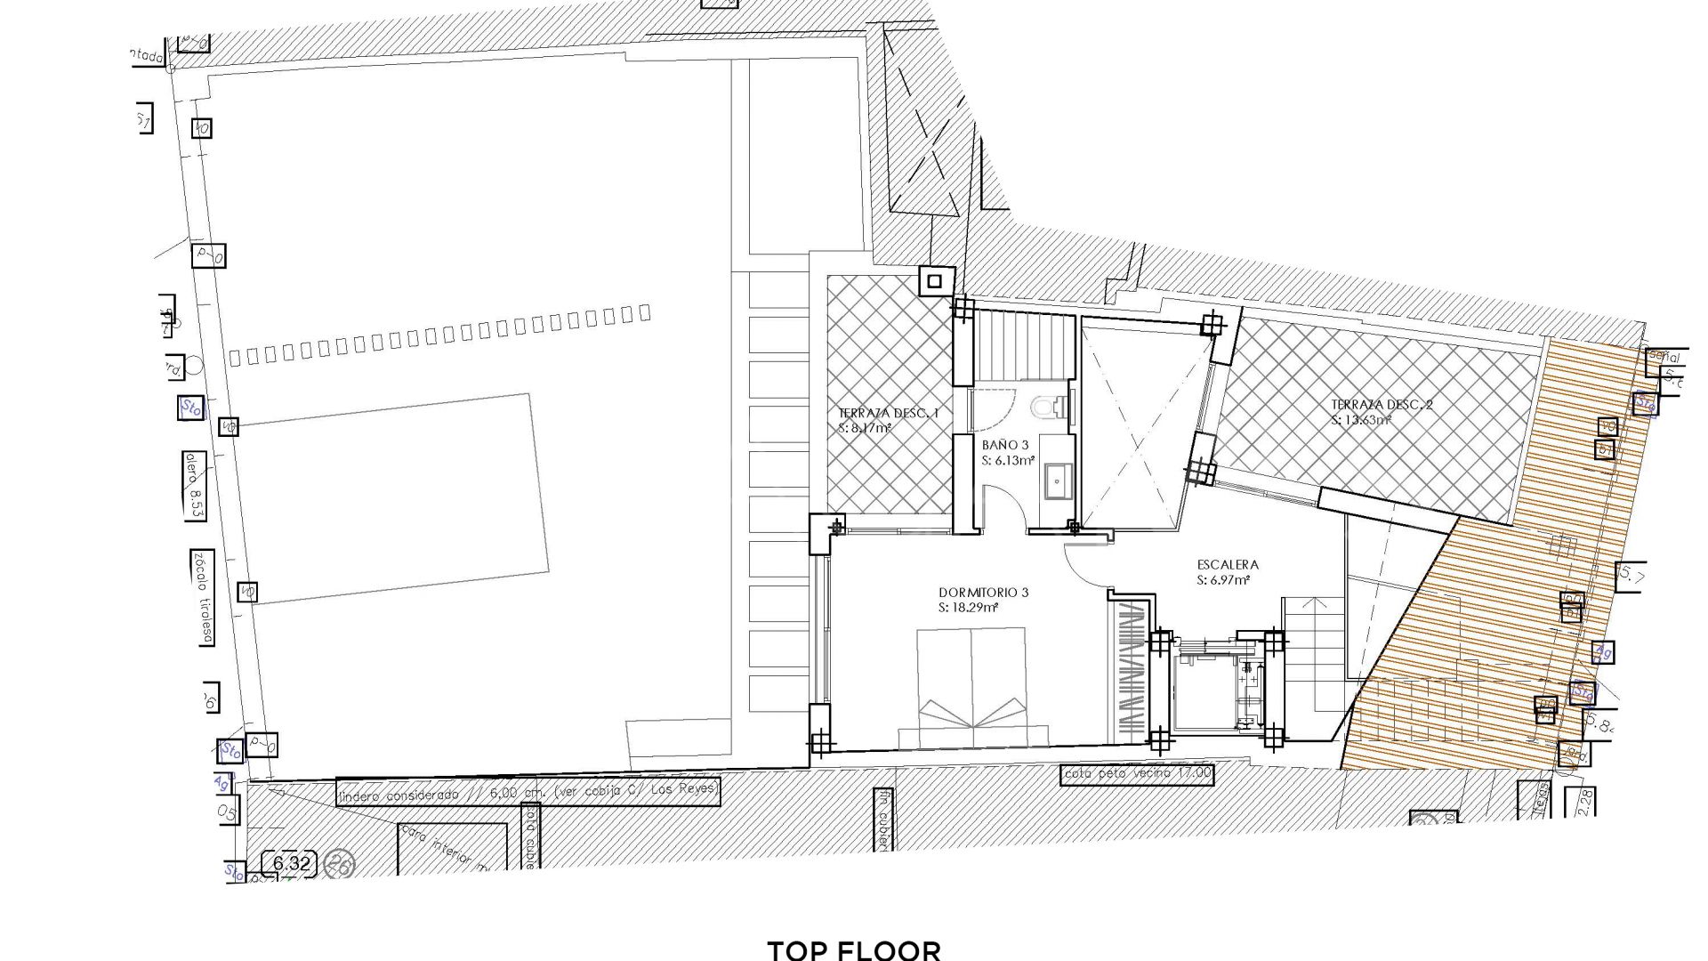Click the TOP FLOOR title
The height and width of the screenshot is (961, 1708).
point(853,949)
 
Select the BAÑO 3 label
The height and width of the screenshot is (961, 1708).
point(1006,444)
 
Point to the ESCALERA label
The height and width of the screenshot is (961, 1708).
point(1228,564)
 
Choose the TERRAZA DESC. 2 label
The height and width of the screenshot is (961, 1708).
point(1382,405)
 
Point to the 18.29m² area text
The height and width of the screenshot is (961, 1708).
point(968,609)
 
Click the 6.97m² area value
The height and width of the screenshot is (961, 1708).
point(1223,580)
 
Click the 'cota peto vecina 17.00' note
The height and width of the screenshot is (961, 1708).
point(1137,774)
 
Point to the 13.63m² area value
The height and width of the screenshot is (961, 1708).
point(1361,420)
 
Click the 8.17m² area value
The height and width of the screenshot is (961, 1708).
point(865,428)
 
